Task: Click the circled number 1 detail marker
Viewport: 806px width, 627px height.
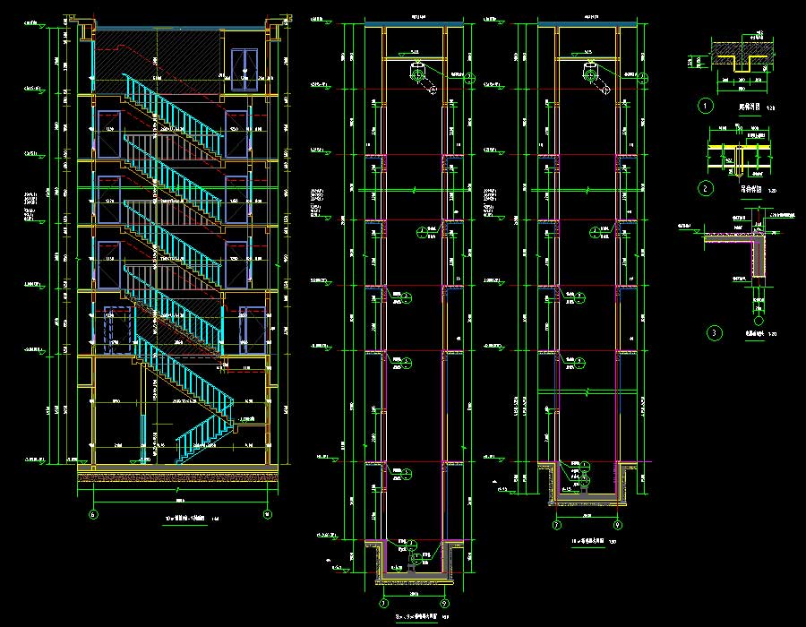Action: point(706,106)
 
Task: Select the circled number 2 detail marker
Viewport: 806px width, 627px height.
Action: point(706,189)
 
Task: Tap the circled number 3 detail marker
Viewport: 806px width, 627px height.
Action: point(714,333)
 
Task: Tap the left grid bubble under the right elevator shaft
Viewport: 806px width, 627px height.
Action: point(556,525)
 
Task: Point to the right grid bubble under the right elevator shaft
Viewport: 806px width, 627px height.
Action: point(619,525)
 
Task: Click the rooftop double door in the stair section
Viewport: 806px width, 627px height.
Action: point(244,70)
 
